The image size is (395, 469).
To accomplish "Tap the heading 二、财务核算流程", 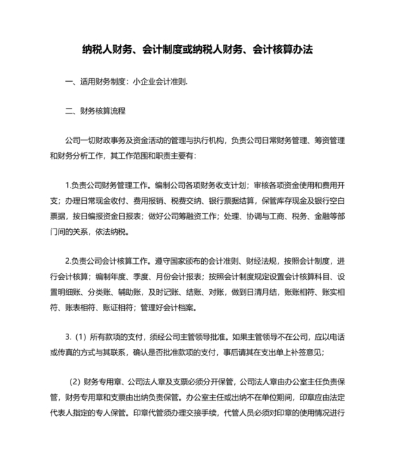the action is tap(95, 111).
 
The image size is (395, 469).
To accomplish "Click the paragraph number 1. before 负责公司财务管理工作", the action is tap(67, 185).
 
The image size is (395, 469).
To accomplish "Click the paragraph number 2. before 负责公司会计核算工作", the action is tap(67, 262).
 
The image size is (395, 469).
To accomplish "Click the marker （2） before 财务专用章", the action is tap(74, 384).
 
